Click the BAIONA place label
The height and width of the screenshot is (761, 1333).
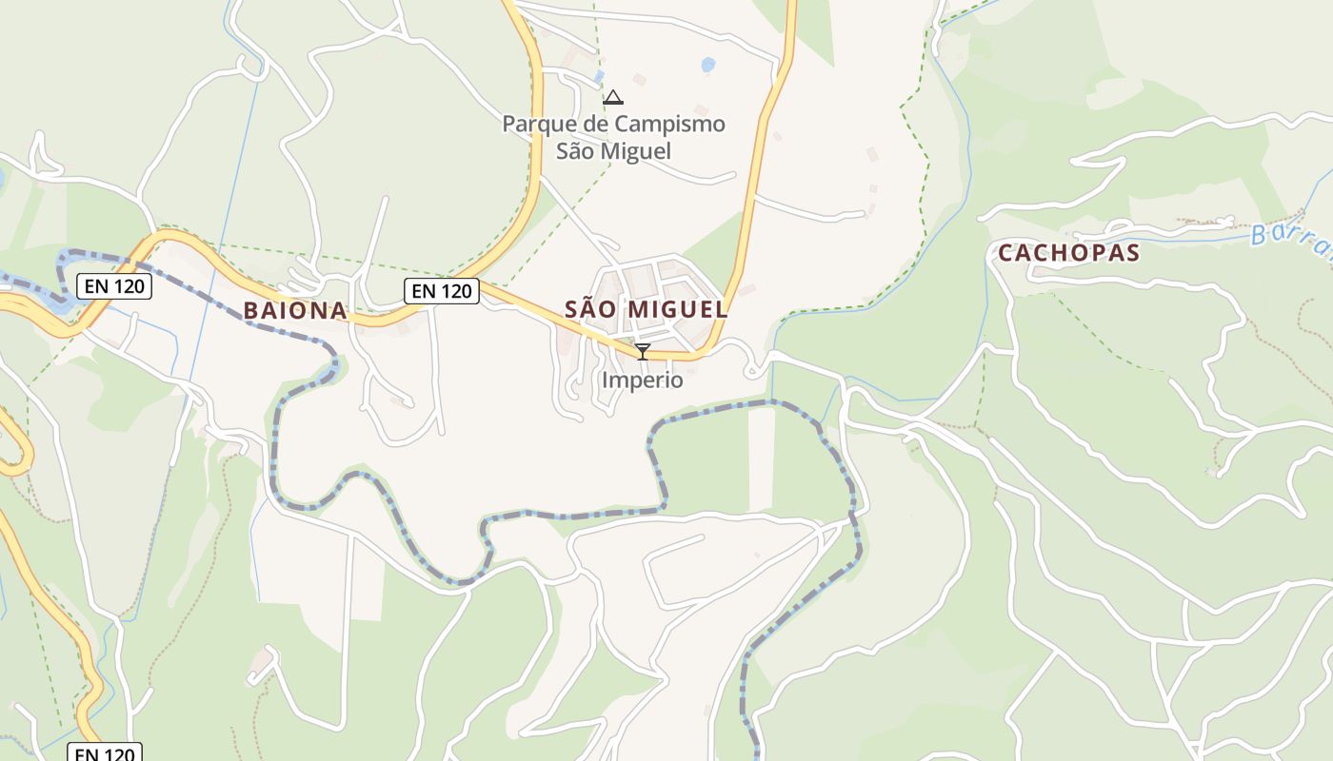[x=295, y=310]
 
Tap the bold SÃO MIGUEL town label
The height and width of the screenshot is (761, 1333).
[x=647, y=309]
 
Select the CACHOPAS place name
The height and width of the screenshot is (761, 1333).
[x=1068, y=253]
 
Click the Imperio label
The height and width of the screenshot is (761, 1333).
[x=642, y=380]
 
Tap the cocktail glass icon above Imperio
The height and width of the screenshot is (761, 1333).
[x=643, y=352]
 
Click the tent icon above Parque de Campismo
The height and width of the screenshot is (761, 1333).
[x=613, y=97]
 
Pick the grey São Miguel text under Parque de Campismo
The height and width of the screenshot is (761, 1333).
[x=613, y=151]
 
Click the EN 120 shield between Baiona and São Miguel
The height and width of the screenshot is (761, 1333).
[x=441, y=291]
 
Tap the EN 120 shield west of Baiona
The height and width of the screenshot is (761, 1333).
[x=114, y=285]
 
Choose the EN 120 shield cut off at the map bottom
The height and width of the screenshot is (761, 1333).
[x=105, y=753]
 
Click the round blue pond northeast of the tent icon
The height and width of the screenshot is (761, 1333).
[x=707, y=65]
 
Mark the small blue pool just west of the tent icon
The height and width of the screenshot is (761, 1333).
[x=599, y=75]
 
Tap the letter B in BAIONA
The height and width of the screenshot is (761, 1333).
[x=250, y=310]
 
